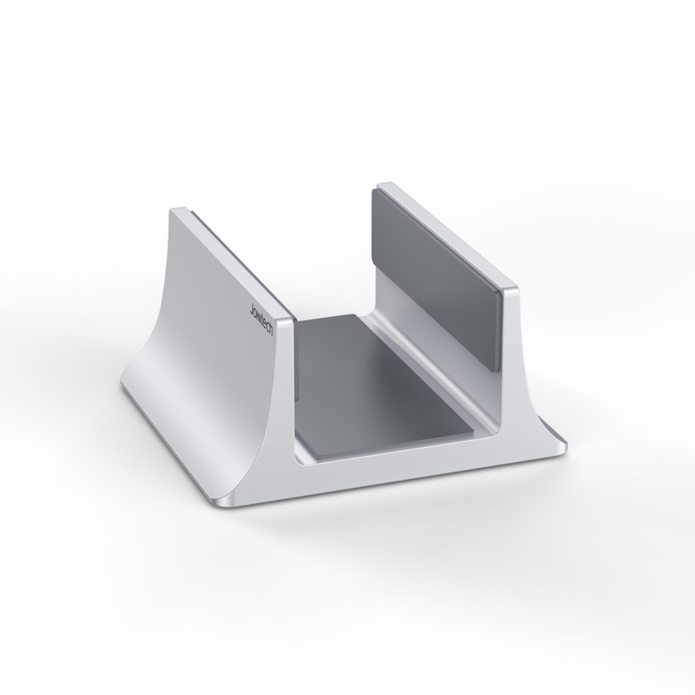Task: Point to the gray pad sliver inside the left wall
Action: click(x=297, y=368)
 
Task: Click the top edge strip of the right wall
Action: click(x=445, y=233)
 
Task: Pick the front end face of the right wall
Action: click(x=518, y=361)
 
